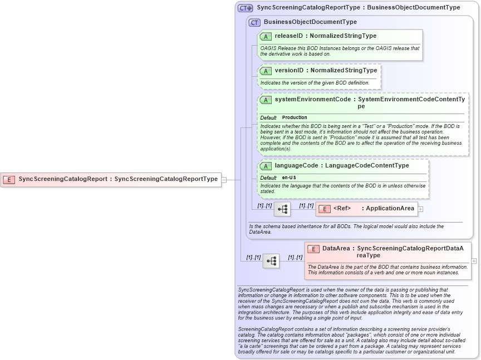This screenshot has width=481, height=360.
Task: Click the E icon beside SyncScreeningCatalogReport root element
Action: [9, 179]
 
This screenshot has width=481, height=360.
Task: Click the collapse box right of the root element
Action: [224, 180]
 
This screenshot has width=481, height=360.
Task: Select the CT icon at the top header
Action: [245, 8]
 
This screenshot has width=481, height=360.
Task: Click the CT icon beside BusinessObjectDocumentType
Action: [254, 22]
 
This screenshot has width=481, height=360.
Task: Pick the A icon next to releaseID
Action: [266, 36]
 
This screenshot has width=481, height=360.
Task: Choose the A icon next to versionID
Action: [266, 71]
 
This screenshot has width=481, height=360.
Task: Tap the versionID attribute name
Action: [290, 71]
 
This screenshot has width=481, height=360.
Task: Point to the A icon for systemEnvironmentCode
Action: [266, 100]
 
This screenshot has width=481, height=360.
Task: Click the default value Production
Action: [295, 118]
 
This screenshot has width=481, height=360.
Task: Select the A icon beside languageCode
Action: [266, 166]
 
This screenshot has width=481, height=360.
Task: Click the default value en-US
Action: [289, 177]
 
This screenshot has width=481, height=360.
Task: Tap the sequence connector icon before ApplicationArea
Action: [282, 209]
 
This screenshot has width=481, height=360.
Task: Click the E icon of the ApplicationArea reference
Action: [325, 209]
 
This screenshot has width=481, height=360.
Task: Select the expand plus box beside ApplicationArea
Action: [421, 209]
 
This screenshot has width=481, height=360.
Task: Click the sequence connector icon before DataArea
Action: [271, 260]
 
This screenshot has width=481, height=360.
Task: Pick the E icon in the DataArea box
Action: [313, 249]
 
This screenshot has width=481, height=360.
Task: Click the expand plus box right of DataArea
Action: [474, 260]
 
